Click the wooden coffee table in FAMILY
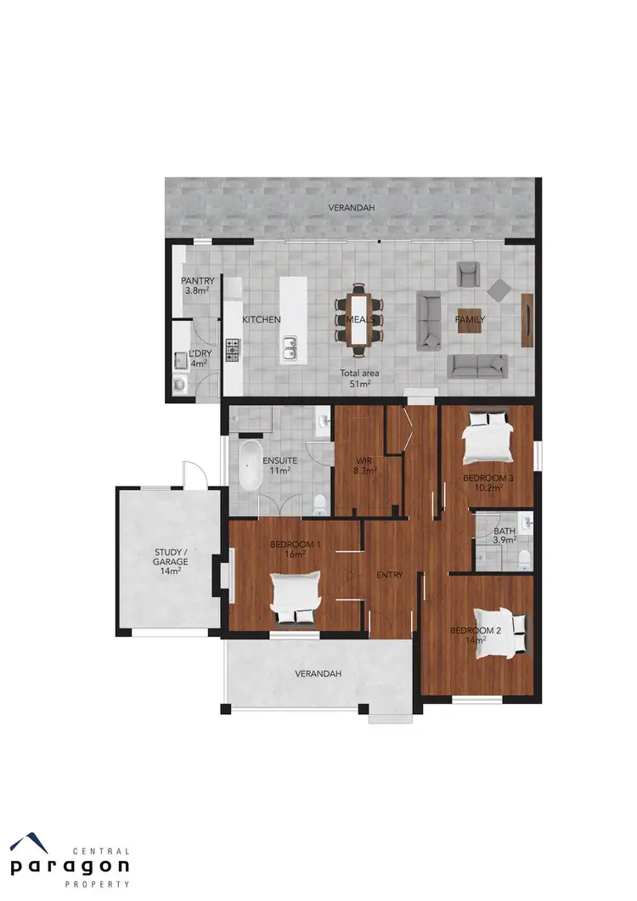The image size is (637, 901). tap(471, 319)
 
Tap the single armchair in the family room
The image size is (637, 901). tap(467, 273)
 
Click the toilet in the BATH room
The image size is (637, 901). tap(524, 556)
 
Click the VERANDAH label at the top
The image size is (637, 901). tap(352, 207)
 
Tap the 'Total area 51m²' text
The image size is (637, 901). tap(360, 378)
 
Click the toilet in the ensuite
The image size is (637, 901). tap(318, 504)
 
